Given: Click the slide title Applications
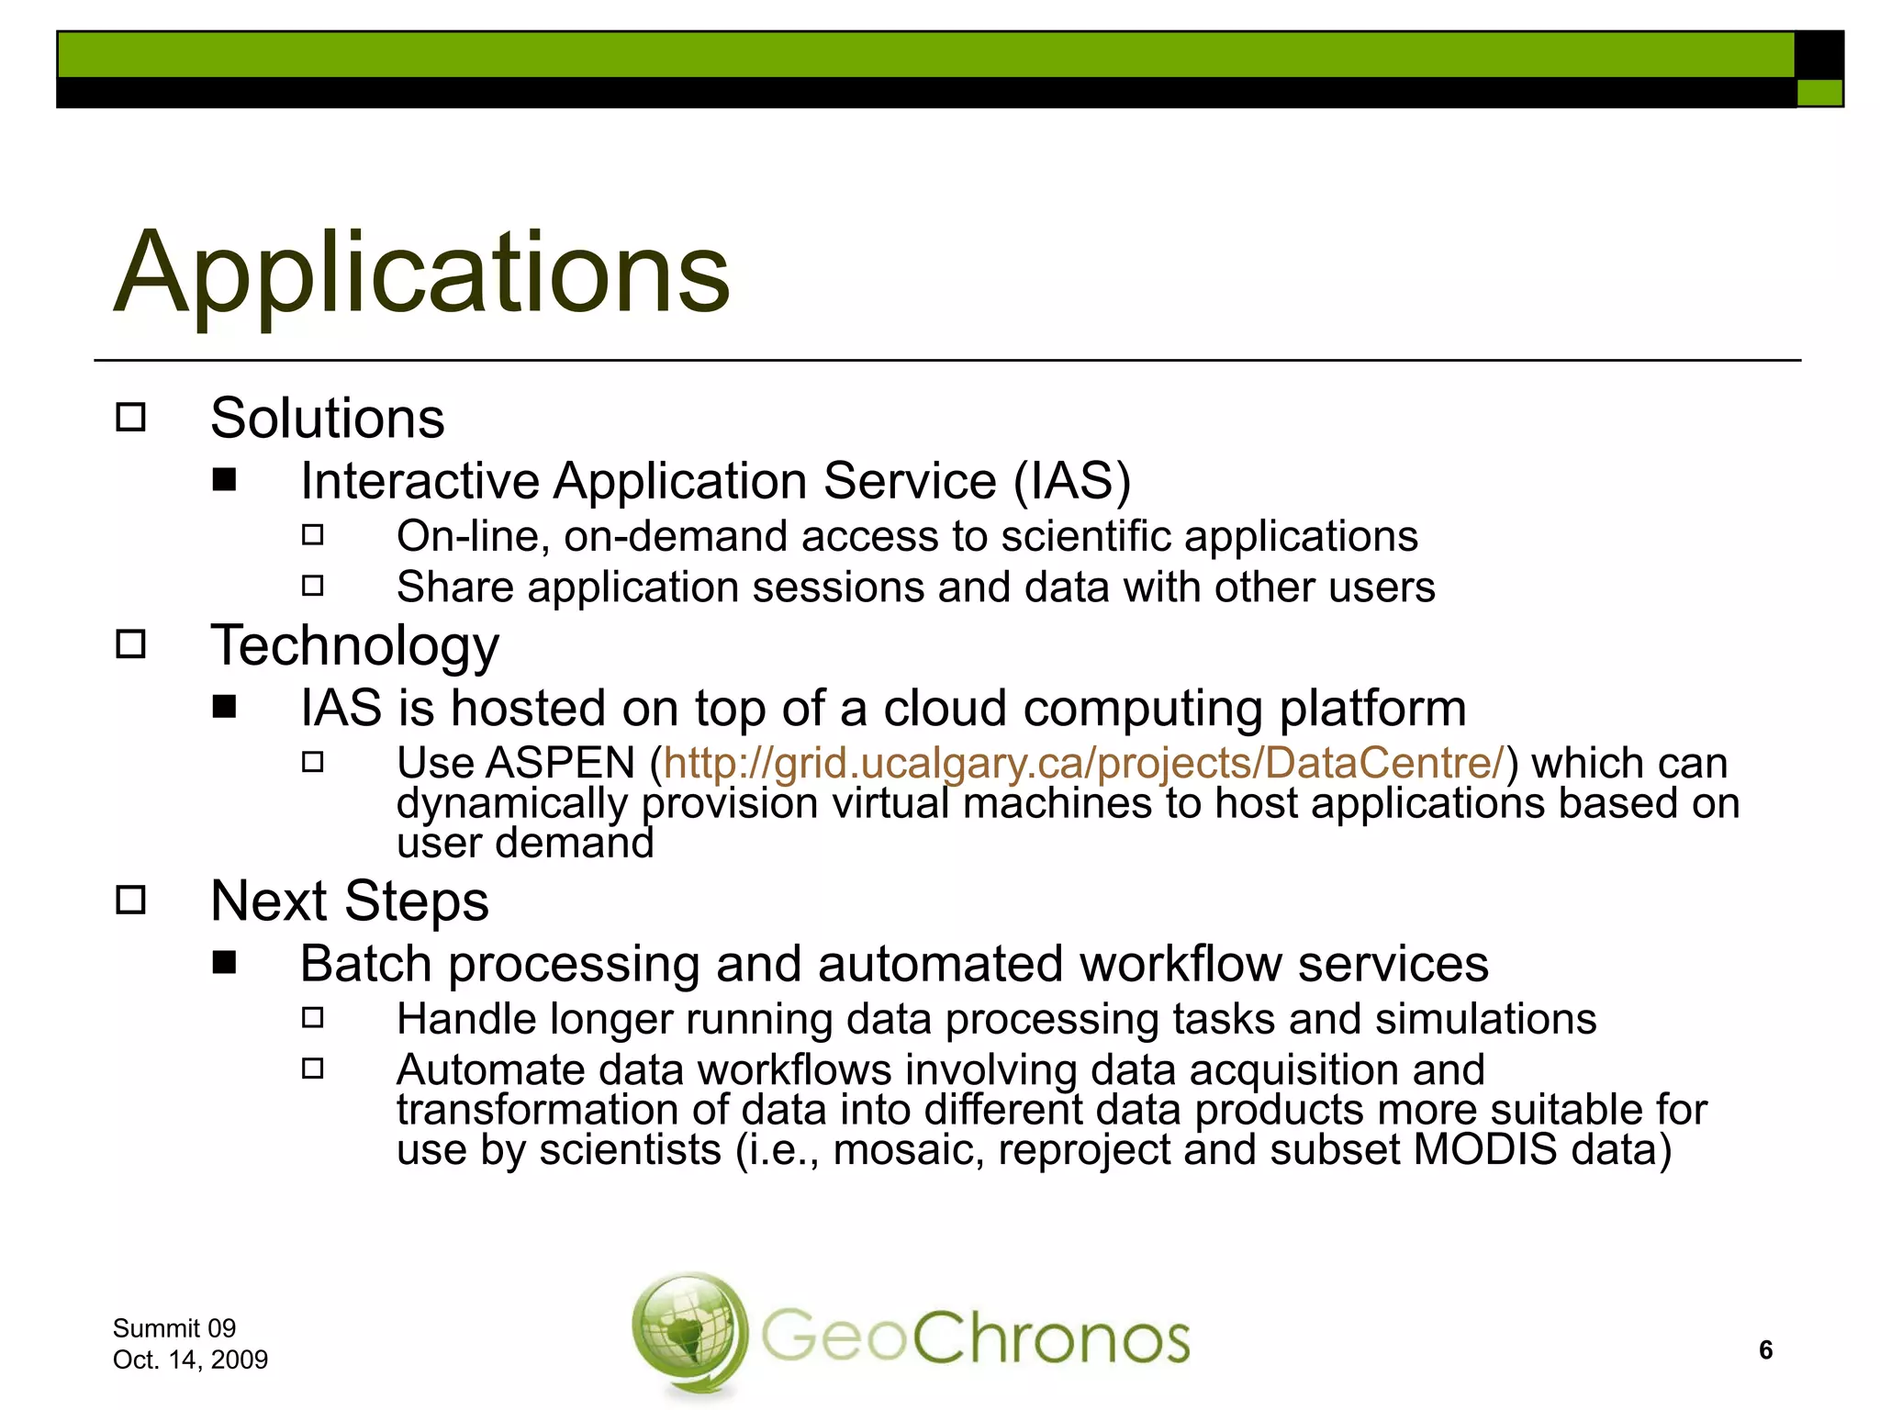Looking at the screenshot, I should [x=422, y=273].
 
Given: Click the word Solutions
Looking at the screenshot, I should [x=327, y=419].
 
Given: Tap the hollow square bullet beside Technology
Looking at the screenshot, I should [x=131, y=644].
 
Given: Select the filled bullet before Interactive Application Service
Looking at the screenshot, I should [x=224, y=480].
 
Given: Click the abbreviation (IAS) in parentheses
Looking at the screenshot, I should [x=1071, y=481].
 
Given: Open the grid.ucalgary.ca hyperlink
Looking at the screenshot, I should [x=1083, y=764].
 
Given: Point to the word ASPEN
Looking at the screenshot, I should [x=561, y=764].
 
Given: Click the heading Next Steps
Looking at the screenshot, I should [x=349, y=901].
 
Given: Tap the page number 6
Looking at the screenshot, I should [x=1765, y=1349].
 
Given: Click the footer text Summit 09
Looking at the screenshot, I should [x=173, y=1328].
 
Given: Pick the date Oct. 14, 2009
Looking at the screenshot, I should [x=190, y=1360].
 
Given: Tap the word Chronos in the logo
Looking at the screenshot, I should [x=1050, y=1338].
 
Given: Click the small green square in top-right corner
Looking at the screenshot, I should [x=1818, y=93].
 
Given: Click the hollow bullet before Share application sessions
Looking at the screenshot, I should [x=313, y=586].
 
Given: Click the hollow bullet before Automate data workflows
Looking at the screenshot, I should [x=313, y=1069].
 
